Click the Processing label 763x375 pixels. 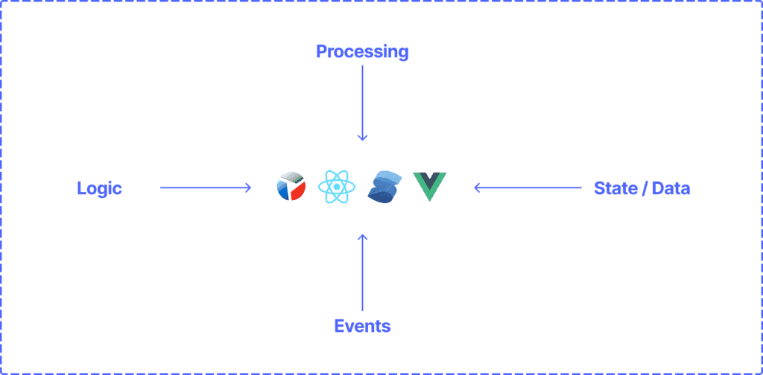pos(362,51)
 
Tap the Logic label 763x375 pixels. pos(99,188)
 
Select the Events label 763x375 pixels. pos(362,326)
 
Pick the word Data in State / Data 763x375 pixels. pos(671,188)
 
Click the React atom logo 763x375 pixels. pos(337,187)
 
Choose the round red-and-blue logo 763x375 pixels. pos(291,187)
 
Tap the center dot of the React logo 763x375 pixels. pos(337,187)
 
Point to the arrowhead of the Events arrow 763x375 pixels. pos(363,237)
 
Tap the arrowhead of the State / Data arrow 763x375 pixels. pos(478,188)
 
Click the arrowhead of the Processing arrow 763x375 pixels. pos(363,137)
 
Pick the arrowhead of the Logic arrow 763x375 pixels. pos(247,188)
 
